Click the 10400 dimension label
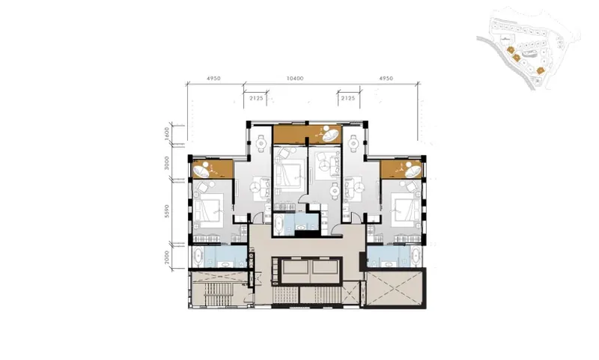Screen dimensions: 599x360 (x=295, y=79)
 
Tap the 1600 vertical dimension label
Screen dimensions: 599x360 (x=166, y=133)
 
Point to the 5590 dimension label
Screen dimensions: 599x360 (x=166, y=211)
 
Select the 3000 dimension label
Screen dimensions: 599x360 (x=166, y=163)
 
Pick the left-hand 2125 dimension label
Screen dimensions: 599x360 (x=256, y=98)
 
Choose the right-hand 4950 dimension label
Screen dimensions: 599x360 (x=386, y=79)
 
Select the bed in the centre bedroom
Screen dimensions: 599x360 (x=291, y=174)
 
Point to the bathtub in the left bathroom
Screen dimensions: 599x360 (x=198, y=257)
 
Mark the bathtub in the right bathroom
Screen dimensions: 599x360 (x=416, y=257)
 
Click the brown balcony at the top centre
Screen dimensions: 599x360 (x=307, y=135)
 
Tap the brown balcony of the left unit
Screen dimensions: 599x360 (x=213, y=169)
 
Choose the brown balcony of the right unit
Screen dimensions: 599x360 (x=401, y=169)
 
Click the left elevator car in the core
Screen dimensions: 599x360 (x=297, y=271)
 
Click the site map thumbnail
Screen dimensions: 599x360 (x=529, y=49)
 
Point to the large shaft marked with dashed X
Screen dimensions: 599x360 (x=394, y=288)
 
